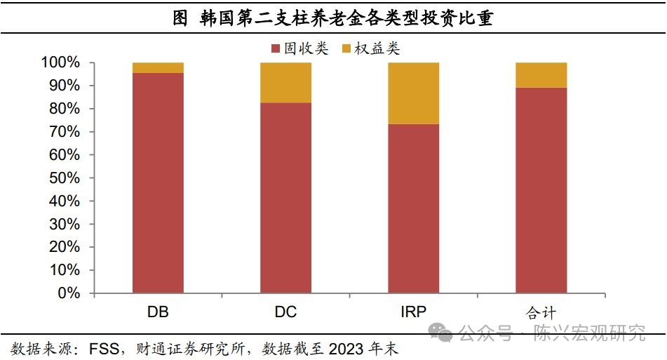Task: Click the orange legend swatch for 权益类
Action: [x=347, y=48]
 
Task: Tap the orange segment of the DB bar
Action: [x=158, y=67]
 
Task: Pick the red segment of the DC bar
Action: [x=285, y=197]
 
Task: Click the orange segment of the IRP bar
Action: [x=414, y=93]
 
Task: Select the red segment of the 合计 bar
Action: [x=541, y=189]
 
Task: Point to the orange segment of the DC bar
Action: [x=285, y=83]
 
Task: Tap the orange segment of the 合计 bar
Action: [x=541, y=75]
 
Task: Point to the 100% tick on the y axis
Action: [x=61, y=63]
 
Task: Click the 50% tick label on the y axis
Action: [x=65, y=178]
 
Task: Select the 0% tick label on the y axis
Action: [x=69, y=293]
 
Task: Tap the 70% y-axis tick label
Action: [x=65, y=132]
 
